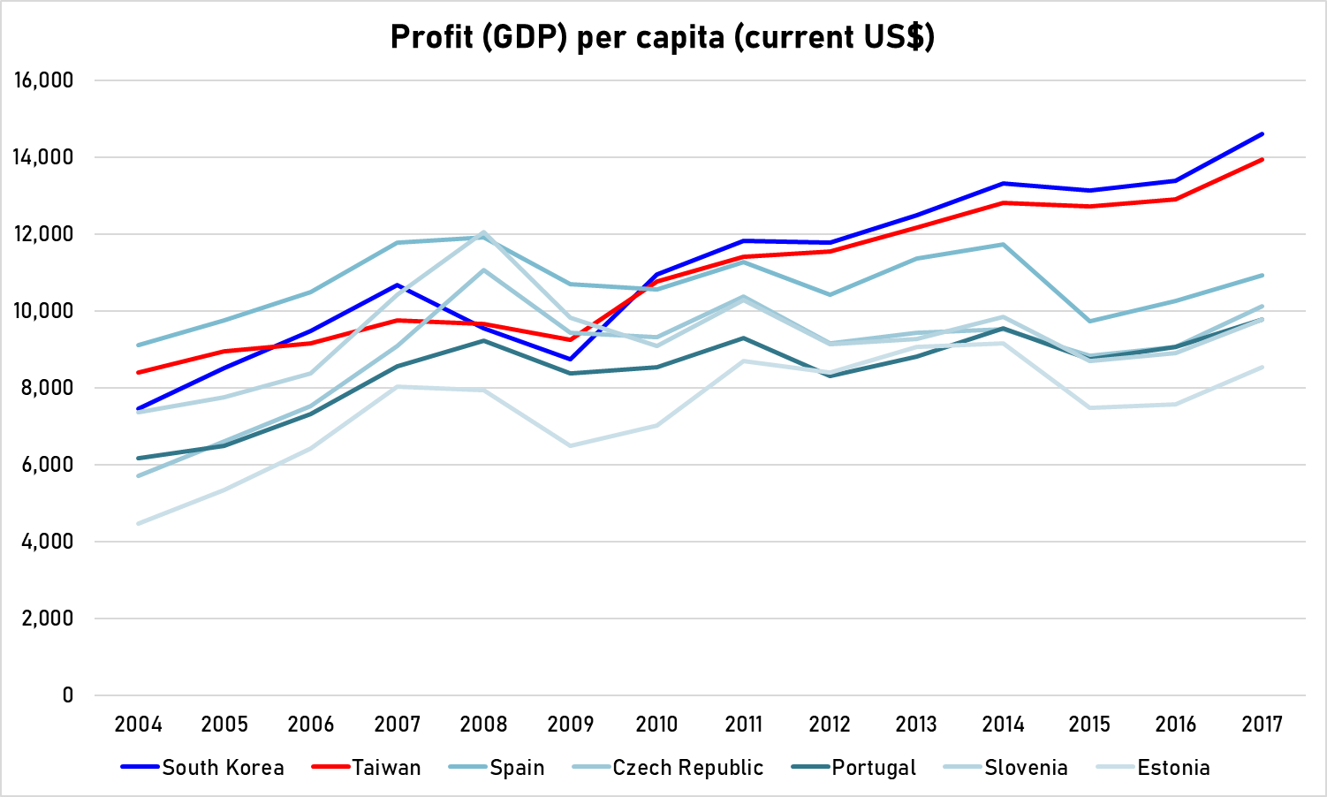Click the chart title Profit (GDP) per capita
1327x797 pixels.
click(663, 37)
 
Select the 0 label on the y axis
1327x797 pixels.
click(67, 695)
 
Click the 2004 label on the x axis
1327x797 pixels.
click(138, 725)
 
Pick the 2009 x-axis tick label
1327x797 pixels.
click(570, 725)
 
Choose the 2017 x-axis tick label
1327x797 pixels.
click(1262, 725)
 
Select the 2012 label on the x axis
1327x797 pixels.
click(830, 725)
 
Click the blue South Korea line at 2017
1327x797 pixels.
click(1262, 134)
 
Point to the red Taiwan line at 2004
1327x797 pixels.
click(139, 372)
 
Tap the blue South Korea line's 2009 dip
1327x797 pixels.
click(570, 359)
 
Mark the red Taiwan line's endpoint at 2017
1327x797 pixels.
click(1262, 160)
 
